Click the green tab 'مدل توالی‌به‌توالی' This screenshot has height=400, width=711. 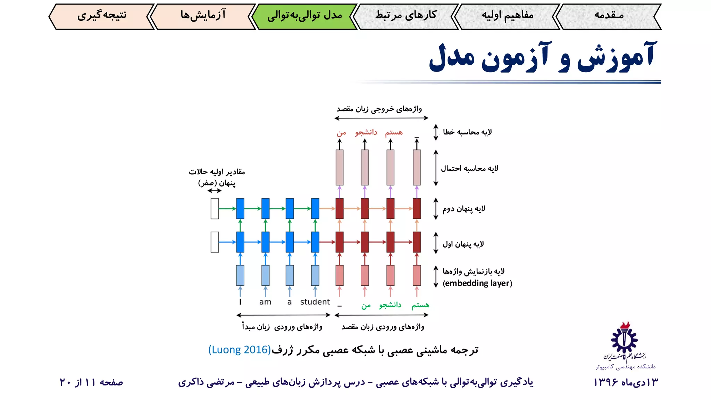click(x=304, y=16)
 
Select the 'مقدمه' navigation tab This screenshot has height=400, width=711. click(x=609, y=16)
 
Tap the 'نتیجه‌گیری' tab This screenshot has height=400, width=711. click(x=101, y=16)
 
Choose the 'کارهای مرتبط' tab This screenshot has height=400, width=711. click(x=406, y=16)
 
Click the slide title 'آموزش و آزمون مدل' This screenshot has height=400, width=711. click(x=543, y=57)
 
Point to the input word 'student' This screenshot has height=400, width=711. click(x=315, y=302)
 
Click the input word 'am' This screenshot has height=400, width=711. click(x=265, y=302)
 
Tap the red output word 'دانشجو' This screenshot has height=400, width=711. click(x=366, y=132)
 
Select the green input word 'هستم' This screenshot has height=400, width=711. click(x=420, y=305)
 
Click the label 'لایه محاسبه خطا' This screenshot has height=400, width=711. click(x=467, y=132)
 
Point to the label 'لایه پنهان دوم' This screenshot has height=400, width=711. click(x=464, y=209)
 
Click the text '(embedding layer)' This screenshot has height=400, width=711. click(x=477, y=283)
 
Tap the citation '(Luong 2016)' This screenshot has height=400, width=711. click(x=240, y=350)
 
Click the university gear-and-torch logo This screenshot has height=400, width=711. click(x=624, y=339)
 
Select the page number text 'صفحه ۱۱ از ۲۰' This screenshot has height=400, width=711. click(x=91, y=382)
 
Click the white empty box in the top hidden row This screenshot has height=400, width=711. click(x=215, y=209)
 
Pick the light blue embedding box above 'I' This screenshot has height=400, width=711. click(x=240, y=275)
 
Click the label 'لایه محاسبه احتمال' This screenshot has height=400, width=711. click(x=469, y=169)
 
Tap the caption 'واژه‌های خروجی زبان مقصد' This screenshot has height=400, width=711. click(x=379, y=109)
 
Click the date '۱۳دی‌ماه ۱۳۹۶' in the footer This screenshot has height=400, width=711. click(x=626, y=382)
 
